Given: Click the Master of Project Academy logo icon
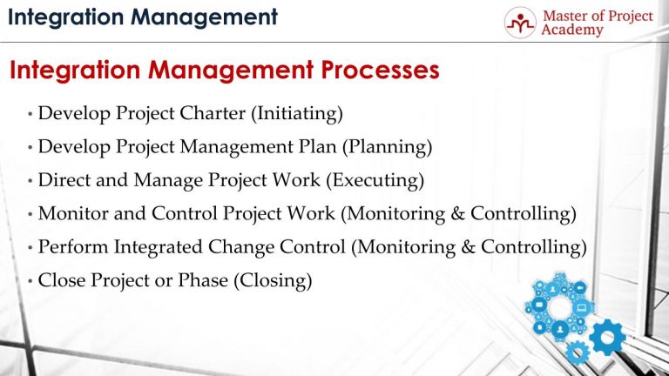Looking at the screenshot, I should (521, 23).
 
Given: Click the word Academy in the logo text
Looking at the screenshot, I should (571, 30).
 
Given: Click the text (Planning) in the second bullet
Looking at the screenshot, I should (392, 147).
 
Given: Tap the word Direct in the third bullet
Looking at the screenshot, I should (64, 180).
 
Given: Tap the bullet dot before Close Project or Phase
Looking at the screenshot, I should (30, 282).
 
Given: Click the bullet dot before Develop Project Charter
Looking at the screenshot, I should (30, 114).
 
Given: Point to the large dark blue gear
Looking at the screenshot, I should (606, 337).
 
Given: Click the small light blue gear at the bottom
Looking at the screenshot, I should (576, 352).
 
